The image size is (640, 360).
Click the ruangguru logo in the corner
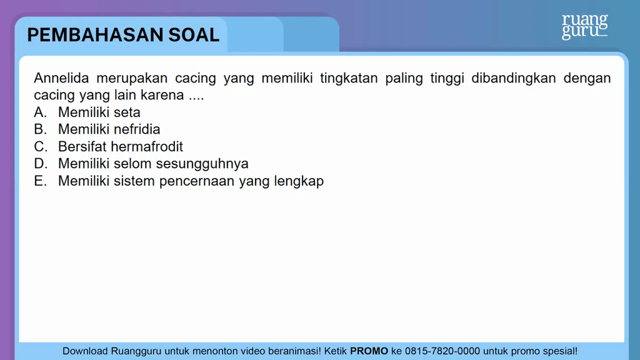(x=584, y=26)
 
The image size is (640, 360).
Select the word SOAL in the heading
(x=194, y=35)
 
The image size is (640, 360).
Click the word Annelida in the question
(x=61, y=78)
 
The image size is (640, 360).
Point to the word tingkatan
(x=349, y=78)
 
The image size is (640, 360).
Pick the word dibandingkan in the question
(x=514, y=78)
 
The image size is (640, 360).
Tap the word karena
(x=162, y=95)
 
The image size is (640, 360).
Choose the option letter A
(x=41, y=112)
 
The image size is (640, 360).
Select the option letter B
(x=41, y=129)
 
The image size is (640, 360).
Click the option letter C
(x=41, y=146)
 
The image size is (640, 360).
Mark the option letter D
(x=41, y=164)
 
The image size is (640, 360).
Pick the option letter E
(x=41, y=181)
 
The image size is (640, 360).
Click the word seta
(x=127, y=112)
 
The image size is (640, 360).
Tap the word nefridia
(x=137, y=129)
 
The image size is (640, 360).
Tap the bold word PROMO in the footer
(x=369, y=351)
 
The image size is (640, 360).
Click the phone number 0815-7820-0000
(x=442, y=351)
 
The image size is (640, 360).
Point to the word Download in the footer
(x=85, y=351)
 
